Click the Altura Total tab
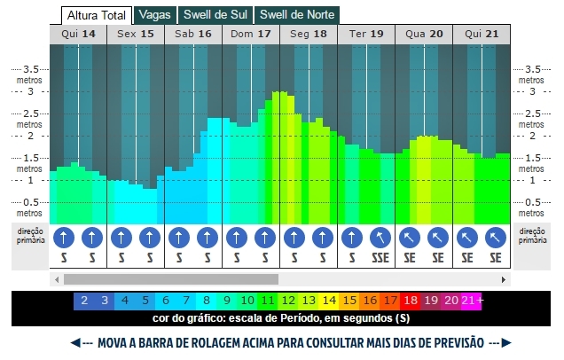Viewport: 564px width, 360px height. click(x=96, y=15)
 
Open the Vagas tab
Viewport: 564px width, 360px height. click(x=154, y=15)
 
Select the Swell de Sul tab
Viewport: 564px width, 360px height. click(x=215, y=15)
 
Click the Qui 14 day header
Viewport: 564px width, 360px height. click(x=78, y=34)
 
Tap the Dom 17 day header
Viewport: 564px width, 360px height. click(x=251, y=34)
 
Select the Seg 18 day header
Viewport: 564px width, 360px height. click(x=309, y=34)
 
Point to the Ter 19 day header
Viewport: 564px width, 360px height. click(x=366, y=34)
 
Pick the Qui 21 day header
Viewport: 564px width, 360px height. click(x=482, y=34)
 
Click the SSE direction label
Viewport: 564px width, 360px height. click(x=380, y=258)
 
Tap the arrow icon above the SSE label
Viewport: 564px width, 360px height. click(x=380, y=238)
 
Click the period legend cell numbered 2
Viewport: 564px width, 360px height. click(x=84, y=301)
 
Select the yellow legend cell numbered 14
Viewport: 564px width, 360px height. click(x=329, y=301)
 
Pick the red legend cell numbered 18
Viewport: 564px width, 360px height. click(x=411, y=301)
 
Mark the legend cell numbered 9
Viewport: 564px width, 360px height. click(x=227, y=301)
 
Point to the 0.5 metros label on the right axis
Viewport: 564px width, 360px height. click(x=532, y=206)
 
